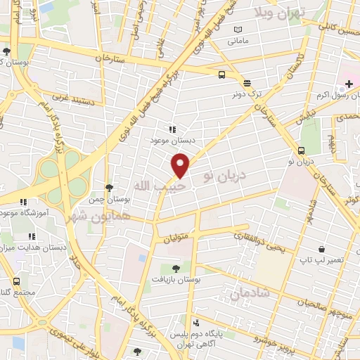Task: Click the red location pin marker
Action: pyautogui.click(x=181, y=165)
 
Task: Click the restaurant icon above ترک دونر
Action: pyautogui.click(x=246, y=83)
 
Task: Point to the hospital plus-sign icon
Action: pyautogui.click(x=349, y=84)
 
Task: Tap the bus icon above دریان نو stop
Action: pyautogui.click(x=301, y=150)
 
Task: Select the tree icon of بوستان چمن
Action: pyautogui.click(x=108, y=187)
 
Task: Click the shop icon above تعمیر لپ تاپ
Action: pyautogui.click(x=321, y=249)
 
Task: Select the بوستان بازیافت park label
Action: pyautogui.click(x=175, y=278)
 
